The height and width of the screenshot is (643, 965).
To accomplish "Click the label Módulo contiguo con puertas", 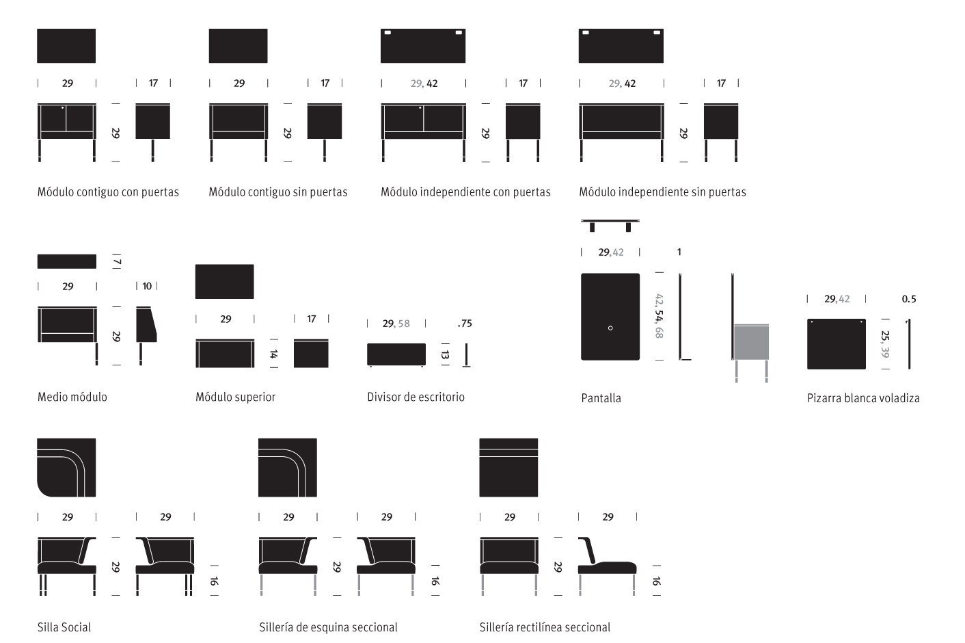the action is pos(108,192).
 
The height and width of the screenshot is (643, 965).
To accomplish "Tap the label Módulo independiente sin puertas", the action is pos(662,192).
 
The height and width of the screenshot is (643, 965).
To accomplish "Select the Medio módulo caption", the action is pos(72,397).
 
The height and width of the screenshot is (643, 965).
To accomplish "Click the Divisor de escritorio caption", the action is pos(416,397).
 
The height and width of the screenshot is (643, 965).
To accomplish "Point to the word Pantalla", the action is pos(601,398).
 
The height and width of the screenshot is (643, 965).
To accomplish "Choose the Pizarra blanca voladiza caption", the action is pos(863,398).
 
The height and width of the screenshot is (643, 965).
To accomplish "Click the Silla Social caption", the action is pos(64,627).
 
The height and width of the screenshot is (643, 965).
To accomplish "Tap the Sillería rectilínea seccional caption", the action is pos(545,627).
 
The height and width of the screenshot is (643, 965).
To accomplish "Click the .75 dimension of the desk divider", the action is pos(465,324).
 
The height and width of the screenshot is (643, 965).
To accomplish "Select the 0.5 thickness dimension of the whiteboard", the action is pos(909,299).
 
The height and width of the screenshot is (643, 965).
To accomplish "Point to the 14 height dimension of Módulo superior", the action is pos(273,354).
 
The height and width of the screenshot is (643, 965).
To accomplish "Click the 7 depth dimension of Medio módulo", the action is pos(117,262).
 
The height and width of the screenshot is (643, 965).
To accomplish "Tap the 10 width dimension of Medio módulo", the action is pos(147,287).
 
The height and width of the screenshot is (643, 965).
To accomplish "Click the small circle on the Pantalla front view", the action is pos(610,328).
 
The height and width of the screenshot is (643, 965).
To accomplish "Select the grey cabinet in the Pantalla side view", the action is pos(751,342).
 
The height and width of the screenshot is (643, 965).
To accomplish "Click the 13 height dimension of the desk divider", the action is pos(446,354).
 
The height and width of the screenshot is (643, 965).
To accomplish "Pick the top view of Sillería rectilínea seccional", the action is pos(508,467).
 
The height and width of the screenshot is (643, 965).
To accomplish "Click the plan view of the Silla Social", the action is pos(66,467).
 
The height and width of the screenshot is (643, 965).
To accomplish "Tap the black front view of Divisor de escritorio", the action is pos(396,354).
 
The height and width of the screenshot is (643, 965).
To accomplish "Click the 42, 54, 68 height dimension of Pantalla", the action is pos(659,316).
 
